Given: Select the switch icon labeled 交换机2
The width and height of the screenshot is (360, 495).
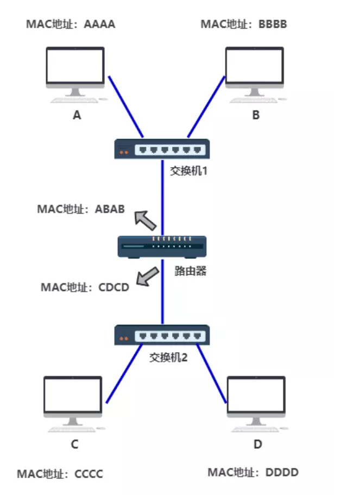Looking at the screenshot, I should point(162,335).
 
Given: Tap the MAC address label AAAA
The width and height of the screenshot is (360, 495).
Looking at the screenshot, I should point(71,24).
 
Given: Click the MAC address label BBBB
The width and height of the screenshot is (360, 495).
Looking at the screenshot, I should point(244,24).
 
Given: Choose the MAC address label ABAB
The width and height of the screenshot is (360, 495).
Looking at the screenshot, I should point(81,209).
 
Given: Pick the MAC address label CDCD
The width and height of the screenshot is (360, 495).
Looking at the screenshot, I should point(85,287).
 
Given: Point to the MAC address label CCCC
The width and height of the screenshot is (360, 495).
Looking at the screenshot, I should point(60,474).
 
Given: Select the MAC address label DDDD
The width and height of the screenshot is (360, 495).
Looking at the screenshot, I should point(253,472).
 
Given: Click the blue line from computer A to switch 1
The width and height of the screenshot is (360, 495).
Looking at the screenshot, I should point(125,106).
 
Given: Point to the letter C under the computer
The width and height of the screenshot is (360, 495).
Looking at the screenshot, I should point(75,444).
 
